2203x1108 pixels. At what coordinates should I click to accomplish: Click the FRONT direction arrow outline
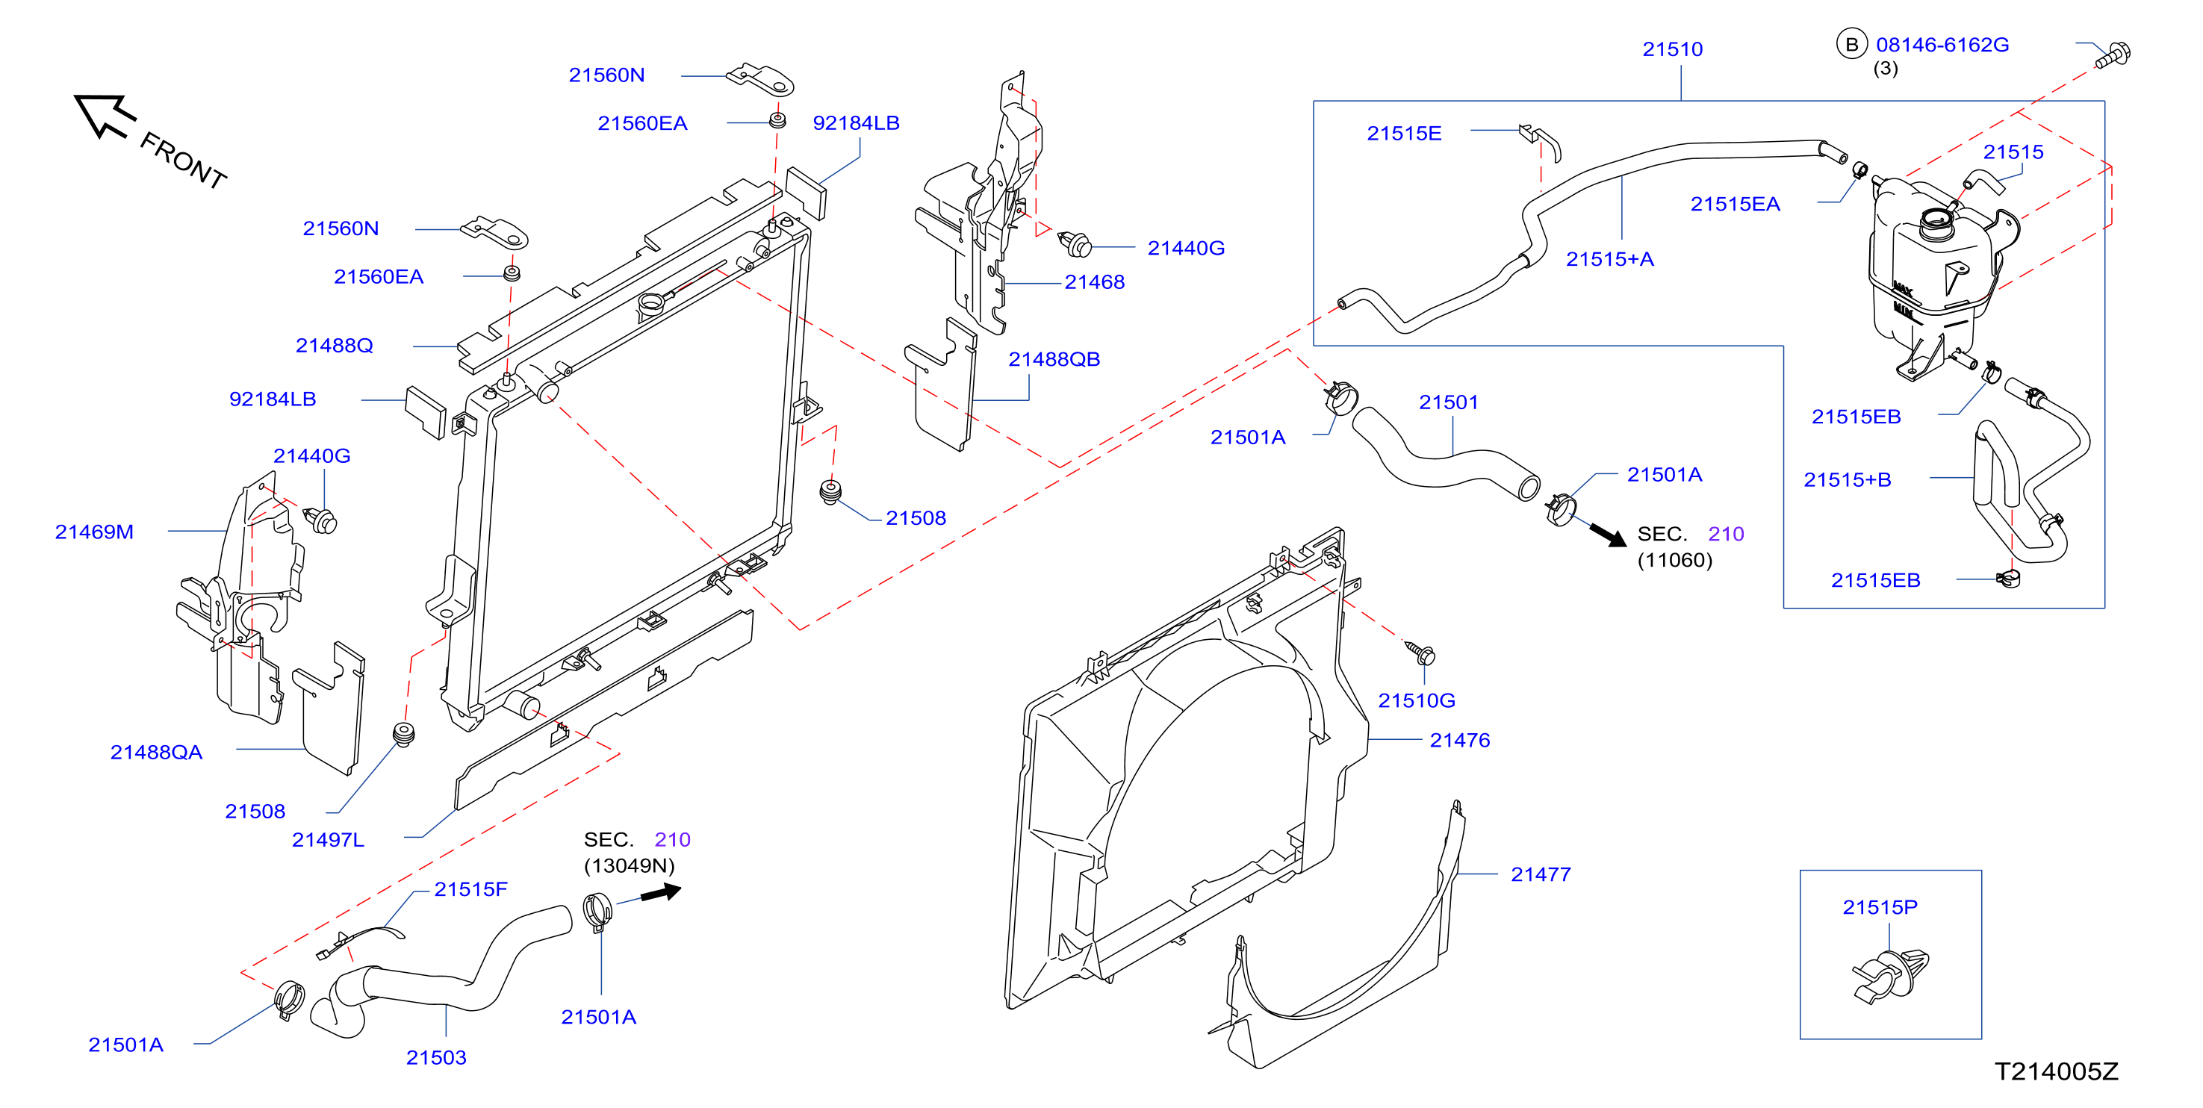coord(105,116)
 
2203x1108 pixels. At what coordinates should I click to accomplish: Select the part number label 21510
coord(1672,49)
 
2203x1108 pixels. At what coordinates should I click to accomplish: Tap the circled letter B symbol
coord(1851,45)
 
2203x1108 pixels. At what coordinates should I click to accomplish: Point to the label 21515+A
coord(1609,259)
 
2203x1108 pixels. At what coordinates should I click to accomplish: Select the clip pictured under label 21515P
coord(1891,977)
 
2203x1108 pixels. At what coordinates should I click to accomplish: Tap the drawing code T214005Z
coord(2057,1072)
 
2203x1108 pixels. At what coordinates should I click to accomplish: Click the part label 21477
coord(1540,874)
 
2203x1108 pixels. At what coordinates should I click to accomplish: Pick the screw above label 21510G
coord(1421,653)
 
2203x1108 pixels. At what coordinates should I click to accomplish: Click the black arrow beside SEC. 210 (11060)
coord(1608,535)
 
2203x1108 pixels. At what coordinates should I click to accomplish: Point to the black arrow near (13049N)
coord(661,892)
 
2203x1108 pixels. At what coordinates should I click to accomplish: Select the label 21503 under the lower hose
coord(436,1057)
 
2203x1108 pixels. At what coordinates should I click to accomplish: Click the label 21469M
coord(94,532)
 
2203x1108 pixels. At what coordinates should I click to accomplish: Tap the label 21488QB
coord(1054,359)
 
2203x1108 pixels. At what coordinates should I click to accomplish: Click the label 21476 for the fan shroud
coord(1460,741)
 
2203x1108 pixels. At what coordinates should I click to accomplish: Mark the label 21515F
coord(470,889)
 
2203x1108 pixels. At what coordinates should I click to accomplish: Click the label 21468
coord(1094,282)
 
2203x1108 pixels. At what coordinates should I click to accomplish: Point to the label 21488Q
coord(335,346)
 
